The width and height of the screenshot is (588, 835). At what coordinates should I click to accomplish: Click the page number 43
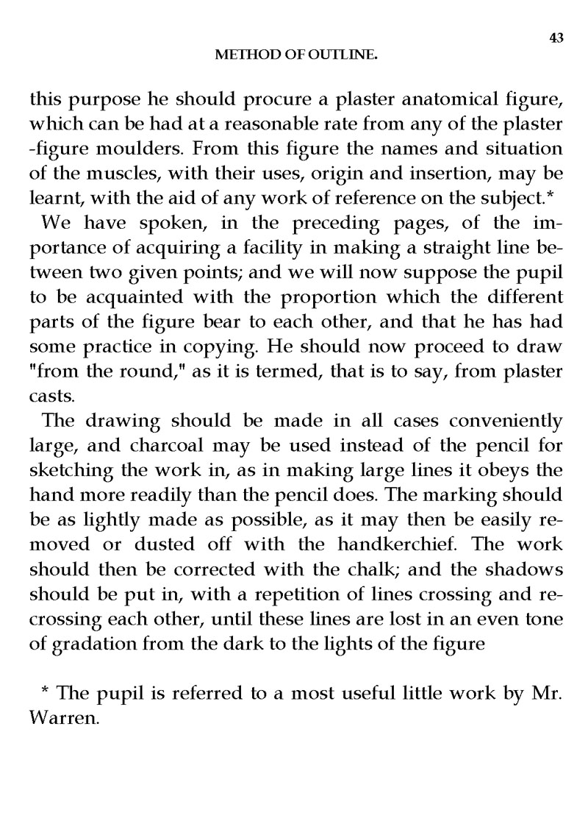click(x=556, y=39)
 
